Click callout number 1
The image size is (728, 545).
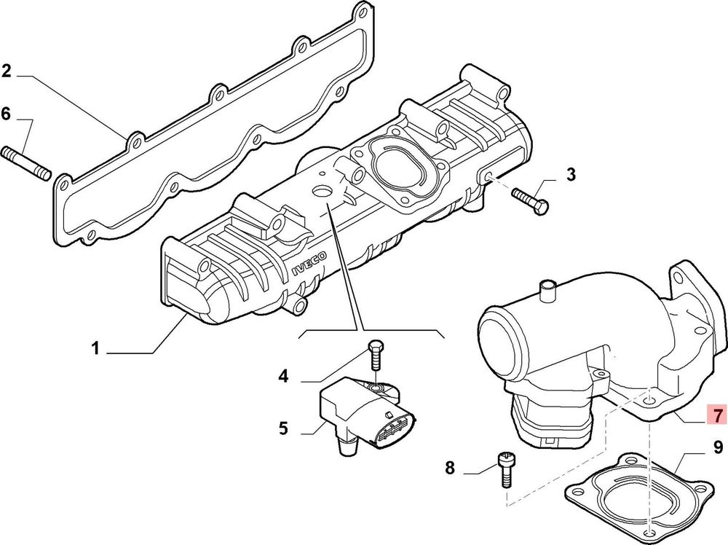click(x=95, y=348)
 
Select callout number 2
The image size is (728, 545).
click(x=6, y=71)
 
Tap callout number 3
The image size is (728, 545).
click(x=571, y=175)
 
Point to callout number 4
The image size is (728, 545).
click(x=284, y=376)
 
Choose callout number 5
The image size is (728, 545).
click(x=284, y=428)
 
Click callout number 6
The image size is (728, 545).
click(x=6, y=114)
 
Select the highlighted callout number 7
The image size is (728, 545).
click(x=717, y=414)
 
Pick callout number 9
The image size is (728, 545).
click(x=718, y=447)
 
